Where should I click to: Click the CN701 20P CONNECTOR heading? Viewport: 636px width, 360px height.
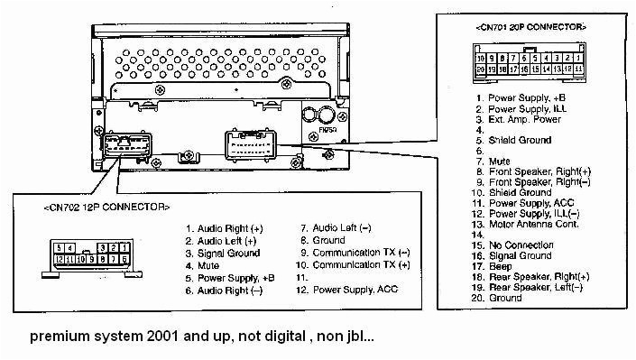coord(530,28)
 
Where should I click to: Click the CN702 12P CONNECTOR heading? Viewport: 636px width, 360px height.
coord(106,207)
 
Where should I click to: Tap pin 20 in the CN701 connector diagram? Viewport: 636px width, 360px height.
coord(481,68)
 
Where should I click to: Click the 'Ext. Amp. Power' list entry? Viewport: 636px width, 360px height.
coord(524,119)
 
